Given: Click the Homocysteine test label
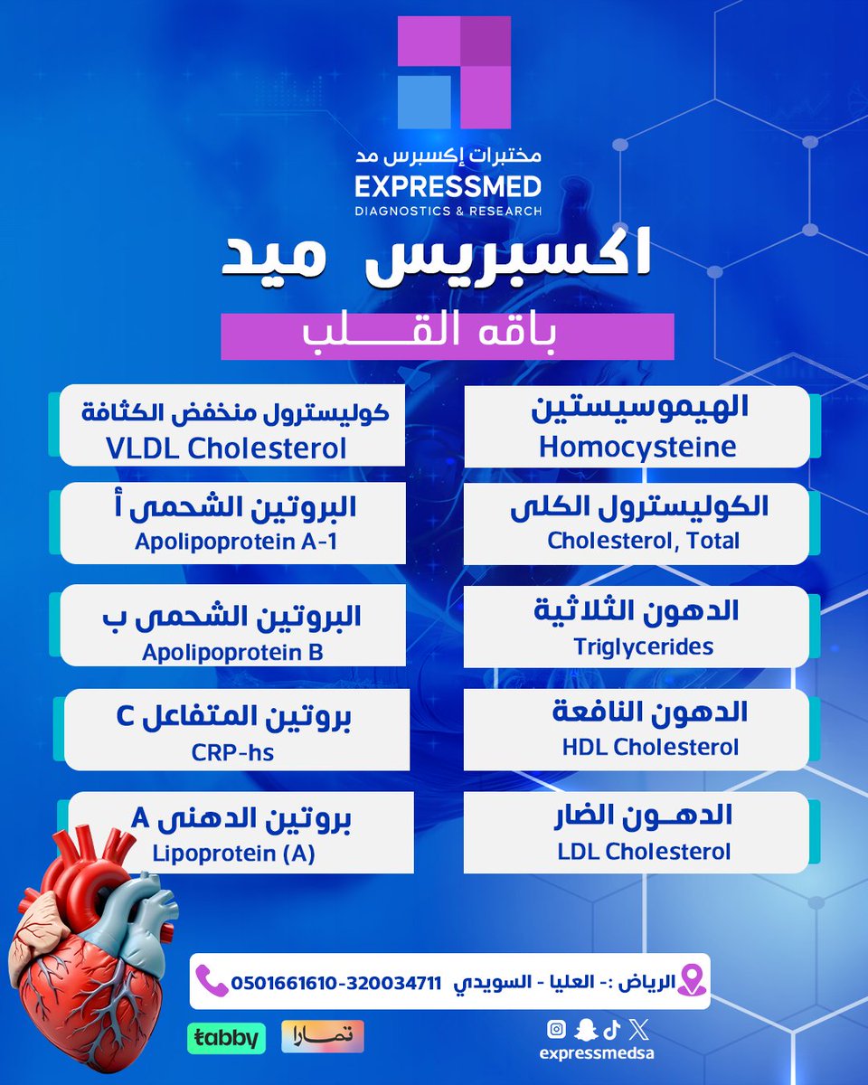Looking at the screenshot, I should click(x=637, y=447).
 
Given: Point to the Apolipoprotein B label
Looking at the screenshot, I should click(x=232, y=651).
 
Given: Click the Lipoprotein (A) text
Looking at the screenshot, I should click(x=233, y=853).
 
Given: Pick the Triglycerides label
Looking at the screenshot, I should click(x=643, y=646).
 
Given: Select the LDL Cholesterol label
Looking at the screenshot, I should click(x=642, y=851).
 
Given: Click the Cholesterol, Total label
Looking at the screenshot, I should click(x=644, y=541).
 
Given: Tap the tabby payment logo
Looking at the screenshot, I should click(x=227, y=1037).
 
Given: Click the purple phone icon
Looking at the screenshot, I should click(x=211, y=980).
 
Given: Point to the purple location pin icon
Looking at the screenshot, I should click(x=691, y=980).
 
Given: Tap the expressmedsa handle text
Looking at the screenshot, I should click(x=596, y=1052).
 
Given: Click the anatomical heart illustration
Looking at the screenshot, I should click(x=90, y=931).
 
